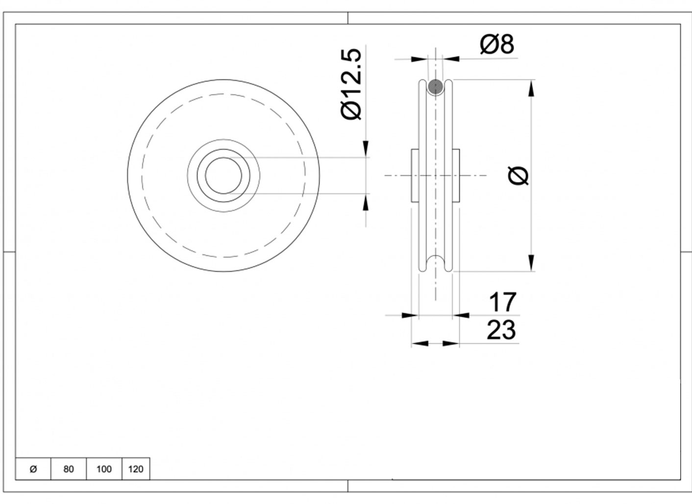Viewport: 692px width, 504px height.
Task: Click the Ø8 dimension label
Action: point(497,44)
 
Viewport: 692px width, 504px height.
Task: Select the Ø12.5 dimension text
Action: point(351,84)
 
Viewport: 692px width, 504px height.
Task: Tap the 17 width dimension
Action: point(503,302)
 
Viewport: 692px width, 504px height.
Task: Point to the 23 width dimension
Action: point(501,330)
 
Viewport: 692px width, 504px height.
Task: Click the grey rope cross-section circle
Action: point(435,86)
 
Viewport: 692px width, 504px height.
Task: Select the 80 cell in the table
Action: point(69,469)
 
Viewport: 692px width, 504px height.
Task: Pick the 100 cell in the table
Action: point(104,469)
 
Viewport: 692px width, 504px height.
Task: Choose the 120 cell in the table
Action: point(136,469)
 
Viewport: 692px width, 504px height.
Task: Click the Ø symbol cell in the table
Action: point(33,469)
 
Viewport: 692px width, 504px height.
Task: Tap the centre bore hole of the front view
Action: point(223,176)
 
